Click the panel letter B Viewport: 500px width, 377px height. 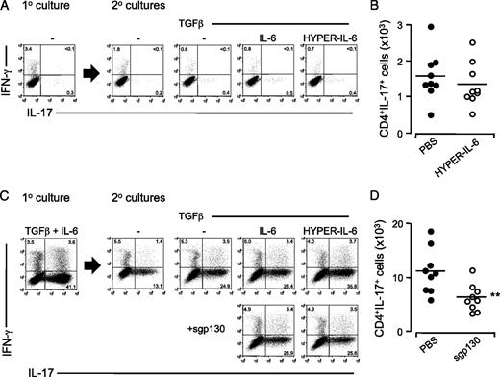348,9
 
